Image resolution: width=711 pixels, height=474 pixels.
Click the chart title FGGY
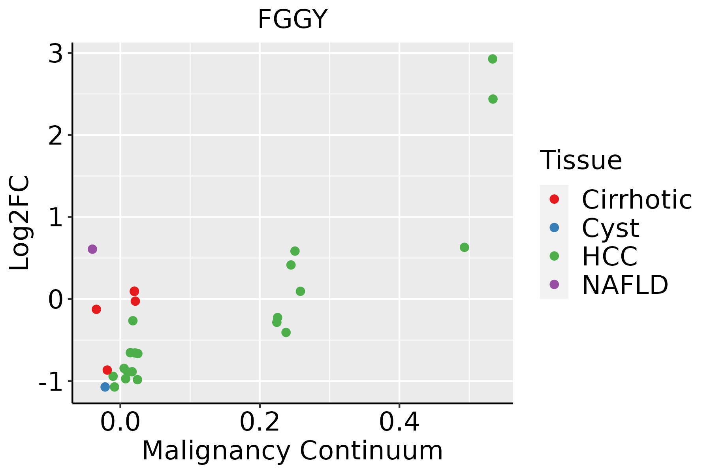click(292, 19)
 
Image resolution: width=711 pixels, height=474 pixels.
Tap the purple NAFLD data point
click(92, 249)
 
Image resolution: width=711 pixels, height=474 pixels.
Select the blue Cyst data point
click(105, 387)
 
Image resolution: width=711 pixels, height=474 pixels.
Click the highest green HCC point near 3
click(493, 59)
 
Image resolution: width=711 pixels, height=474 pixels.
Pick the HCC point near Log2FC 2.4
click(493, 99)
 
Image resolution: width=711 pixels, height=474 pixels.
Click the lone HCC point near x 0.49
click(465, 247)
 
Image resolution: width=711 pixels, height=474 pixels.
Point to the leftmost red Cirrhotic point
click(96, 309)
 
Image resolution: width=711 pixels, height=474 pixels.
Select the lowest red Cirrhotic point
click(107, 370)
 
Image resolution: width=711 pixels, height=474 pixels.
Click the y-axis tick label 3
click(56, 54)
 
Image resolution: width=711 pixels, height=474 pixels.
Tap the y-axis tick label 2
click(56, 135)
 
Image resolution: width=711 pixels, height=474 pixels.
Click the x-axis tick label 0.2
click(260, 423)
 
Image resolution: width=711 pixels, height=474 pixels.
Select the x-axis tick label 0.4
click(399, 423)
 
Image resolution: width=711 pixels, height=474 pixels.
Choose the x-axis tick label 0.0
click(120, 423)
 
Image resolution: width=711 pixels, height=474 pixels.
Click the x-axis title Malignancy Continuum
click(292, 451)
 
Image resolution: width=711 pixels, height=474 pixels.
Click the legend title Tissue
click(581, 160)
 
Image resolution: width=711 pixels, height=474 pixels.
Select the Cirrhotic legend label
click(637, 199)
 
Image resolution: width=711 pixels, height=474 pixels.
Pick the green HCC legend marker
click(554, 256)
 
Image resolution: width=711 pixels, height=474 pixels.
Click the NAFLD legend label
click(625, 284)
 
